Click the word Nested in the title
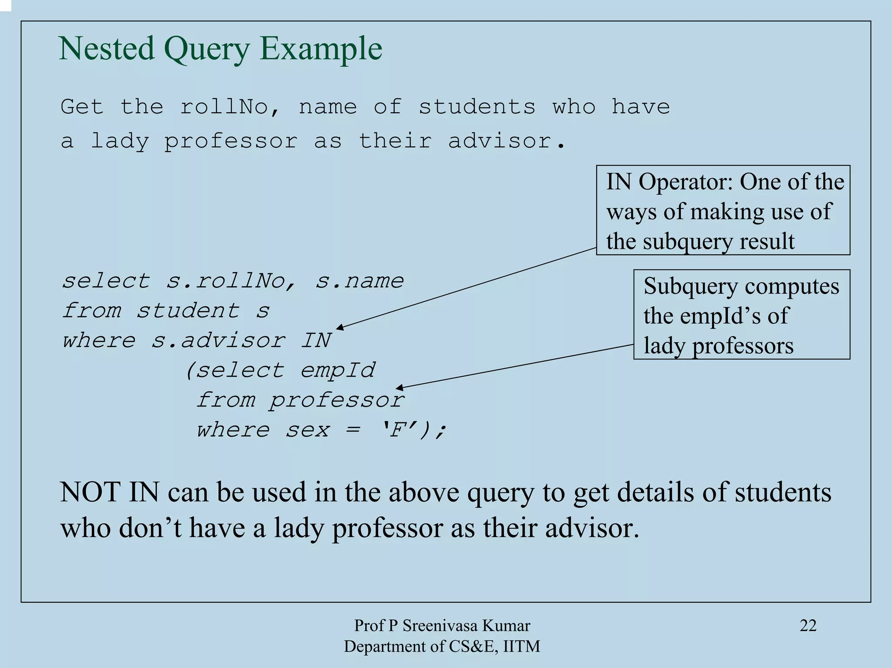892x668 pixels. click(x=106, y=48)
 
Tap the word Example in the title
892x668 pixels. click(x=321, y=49)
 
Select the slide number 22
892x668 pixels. click(x=808, y=625)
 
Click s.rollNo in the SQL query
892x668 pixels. click(x=231, y=281)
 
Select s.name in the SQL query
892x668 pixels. click(x=359, y=281)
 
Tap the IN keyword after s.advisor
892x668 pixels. click(x=316, y=341)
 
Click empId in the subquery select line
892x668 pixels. click(x=337, y=371)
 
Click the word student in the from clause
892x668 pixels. click(x=188, y=311)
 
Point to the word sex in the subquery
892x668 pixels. click(x=307, y=430)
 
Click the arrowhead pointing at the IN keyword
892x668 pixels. click(x=339, y=327)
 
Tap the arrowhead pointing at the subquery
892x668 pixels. click(x=399, y=388)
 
